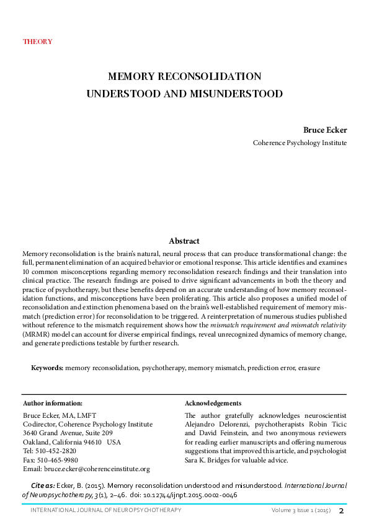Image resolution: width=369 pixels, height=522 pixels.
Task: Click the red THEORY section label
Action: pos(37,42)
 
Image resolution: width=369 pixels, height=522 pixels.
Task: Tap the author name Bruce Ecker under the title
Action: pos(324,130)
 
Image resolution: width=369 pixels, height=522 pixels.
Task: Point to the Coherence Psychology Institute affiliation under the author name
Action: pos(300,143)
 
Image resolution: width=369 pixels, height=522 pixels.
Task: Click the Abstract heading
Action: pos(184,241)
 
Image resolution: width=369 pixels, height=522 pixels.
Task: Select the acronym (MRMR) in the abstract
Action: pos(35,333)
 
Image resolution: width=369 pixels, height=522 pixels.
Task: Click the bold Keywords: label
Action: pos(47,368)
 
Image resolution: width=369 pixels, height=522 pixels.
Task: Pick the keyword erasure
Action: pos(308,368)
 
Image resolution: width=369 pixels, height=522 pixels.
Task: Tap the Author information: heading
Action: pos(52,404)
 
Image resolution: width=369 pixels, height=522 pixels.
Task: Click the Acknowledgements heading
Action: pos(213,404)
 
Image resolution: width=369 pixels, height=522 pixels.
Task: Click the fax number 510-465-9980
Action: pos(56,461)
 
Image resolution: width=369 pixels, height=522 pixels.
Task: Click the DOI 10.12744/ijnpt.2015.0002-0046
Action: pos(194,496)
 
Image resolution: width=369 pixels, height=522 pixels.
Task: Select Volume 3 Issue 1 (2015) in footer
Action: pos(300,510)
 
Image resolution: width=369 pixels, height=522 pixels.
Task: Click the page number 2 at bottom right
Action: pos(340,510)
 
